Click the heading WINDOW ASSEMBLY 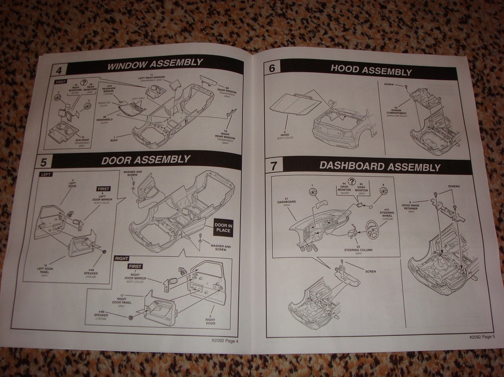pyautogui.click(x=154, y=65)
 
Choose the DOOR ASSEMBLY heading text pyautogui.click(x=146, y=160)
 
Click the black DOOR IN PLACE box pyautogui.click(x=223, y=228)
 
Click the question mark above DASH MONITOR pyautogui.click(x=352, y=182)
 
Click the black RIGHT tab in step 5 pyautogui.click(x=122, y=259)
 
